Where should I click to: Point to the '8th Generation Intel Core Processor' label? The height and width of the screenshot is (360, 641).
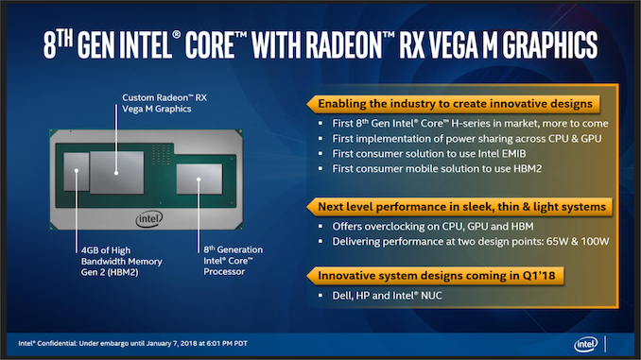pyautogui.click(x=233, y=262)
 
